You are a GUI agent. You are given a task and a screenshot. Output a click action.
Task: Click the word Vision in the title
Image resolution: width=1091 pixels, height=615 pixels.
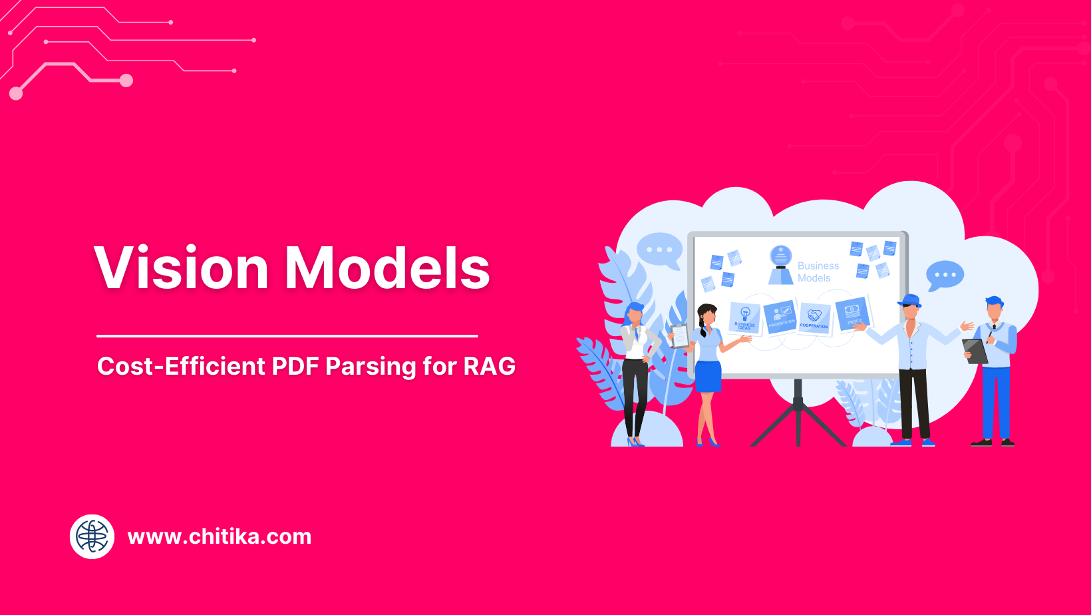point(181,268)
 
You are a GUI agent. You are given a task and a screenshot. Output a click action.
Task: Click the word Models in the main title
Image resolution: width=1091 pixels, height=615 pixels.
point(388,268)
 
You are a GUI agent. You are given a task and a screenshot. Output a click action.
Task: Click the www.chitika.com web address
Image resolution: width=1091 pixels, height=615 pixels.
point(219,536)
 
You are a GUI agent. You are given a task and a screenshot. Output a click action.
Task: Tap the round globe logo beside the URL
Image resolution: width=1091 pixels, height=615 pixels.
point(92,536)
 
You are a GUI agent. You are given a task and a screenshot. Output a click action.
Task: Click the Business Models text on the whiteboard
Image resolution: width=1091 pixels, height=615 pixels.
point(818,272)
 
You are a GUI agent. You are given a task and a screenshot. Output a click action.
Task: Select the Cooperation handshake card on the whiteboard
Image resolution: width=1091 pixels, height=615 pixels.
point(814,317)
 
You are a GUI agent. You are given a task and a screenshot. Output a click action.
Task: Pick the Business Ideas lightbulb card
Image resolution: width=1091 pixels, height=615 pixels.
point(744,317)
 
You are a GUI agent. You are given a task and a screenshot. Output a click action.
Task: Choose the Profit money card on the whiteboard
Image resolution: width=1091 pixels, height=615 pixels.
point(852,313)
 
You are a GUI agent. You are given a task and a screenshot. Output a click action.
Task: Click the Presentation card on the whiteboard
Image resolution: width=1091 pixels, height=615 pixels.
point(780,316)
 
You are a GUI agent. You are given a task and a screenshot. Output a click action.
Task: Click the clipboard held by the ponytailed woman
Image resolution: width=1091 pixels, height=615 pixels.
point(679,336)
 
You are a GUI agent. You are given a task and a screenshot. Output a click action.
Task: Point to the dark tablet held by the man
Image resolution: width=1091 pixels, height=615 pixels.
point(975,351)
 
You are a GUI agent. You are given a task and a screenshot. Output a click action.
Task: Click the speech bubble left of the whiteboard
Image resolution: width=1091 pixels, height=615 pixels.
point(659,250)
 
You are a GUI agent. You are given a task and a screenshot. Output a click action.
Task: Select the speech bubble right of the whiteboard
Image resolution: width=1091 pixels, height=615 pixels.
point(945,275)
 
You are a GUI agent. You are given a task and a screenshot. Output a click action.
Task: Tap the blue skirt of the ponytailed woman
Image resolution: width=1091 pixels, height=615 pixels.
point(708,376)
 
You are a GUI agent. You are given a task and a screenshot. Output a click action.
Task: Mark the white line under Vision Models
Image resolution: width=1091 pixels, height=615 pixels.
point(287,336)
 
